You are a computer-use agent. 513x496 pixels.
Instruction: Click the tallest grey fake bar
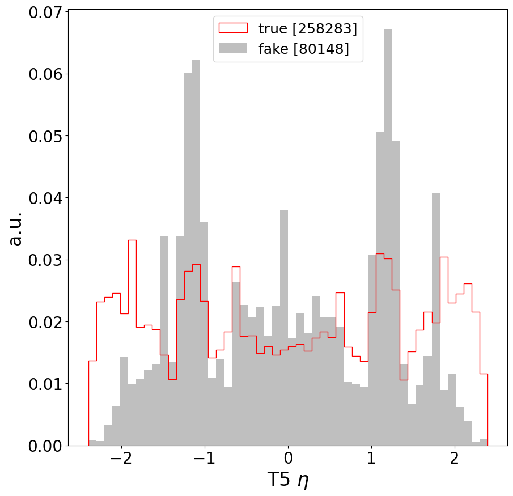(388, 238)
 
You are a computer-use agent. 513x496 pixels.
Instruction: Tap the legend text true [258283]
(308, 28)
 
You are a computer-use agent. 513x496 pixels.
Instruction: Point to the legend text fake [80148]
(303, 49)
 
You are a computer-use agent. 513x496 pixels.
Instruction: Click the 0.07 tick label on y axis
(44, 12)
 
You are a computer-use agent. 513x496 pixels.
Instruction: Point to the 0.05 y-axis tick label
(44, 136)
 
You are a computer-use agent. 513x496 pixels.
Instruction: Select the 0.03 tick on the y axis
(44, 260)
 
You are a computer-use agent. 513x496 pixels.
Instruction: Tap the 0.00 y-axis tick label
(44, 446)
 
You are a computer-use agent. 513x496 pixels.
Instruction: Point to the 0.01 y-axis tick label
(44, 384)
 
